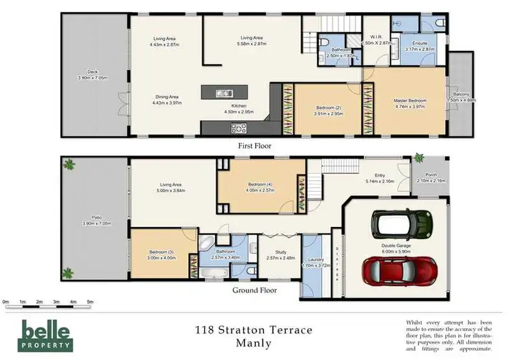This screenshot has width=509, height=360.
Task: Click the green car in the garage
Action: (402, 222)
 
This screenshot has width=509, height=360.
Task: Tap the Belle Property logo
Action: (45, 334)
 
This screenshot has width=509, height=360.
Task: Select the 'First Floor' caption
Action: (254, 145)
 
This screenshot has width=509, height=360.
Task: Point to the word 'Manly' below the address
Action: (254, 343)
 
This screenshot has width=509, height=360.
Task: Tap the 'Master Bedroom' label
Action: (411, 101)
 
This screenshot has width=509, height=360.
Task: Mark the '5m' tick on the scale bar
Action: (90, 301)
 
